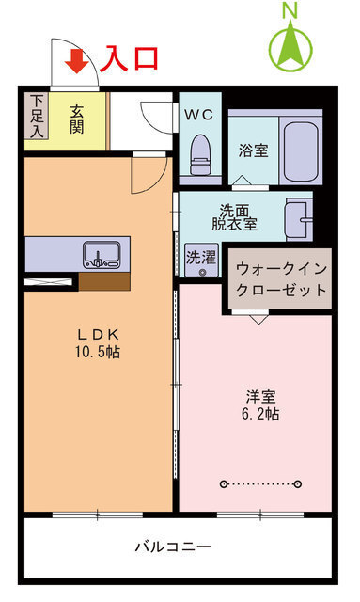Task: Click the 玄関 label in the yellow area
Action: (x=76, y=119)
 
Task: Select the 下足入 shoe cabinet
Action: (x=36, y=118)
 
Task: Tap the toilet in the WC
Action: (x=200, y=152)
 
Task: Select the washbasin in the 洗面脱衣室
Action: (x=299, y=219)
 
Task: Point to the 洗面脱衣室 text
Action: (x=234, y=217)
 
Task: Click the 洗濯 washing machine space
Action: (x=199, y=260)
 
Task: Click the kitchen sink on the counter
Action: (x=99, y=254)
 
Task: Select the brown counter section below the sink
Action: (x=104, y=280)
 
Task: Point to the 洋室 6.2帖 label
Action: (x=256, y=405)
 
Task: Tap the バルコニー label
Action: (x=172, y=546)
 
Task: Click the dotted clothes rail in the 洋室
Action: (x=261, y=484)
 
